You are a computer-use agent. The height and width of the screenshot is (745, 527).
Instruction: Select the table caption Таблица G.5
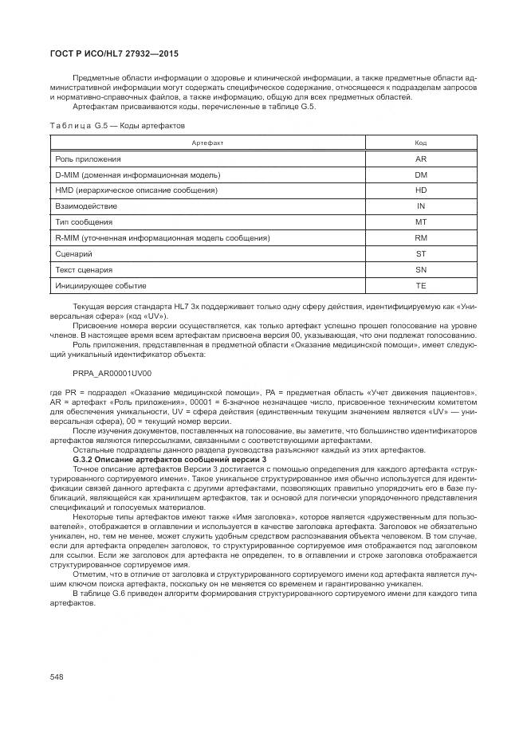[117, 125]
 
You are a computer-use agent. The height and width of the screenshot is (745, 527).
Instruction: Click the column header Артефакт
[207, 143]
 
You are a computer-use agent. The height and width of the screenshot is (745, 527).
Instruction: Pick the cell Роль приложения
[88, 159]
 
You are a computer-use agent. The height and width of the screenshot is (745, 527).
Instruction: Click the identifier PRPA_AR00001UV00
[112, 373]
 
